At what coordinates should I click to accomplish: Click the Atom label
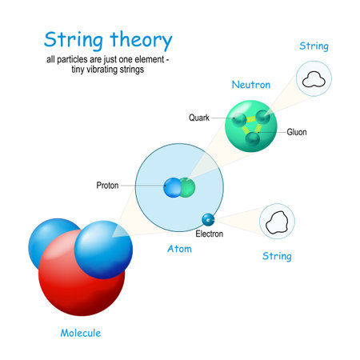[179, 249]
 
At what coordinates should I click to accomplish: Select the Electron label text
[210, 234]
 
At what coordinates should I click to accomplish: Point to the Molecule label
[81, 333]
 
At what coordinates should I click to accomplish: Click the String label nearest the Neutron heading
[314, 46]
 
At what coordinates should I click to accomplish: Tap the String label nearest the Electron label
[277, 257]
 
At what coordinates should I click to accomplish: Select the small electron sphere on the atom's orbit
[208, 218]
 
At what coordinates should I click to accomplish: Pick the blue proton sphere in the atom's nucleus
[173, 188]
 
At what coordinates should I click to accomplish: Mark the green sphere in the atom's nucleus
[187, 187]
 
